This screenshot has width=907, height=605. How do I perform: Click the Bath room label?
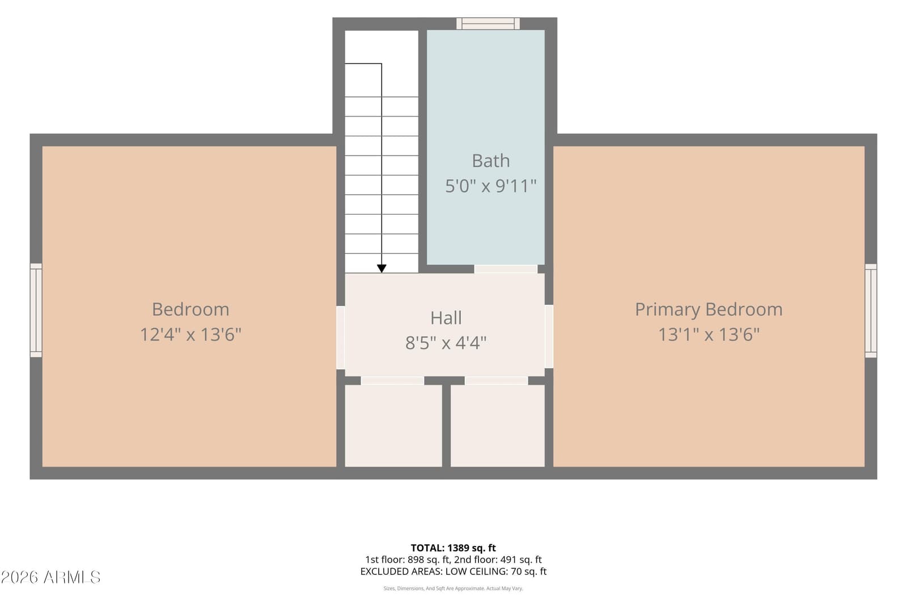490,161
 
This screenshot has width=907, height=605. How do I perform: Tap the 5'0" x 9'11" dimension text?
490,186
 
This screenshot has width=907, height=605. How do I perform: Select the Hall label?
446,318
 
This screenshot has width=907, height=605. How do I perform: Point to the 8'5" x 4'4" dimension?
446,343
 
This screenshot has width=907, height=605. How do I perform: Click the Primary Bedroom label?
709,310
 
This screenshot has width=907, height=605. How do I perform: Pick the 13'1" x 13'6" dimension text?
709,335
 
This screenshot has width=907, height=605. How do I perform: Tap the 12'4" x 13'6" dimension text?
190,335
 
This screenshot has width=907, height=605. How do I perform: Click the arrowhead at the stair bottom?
382,269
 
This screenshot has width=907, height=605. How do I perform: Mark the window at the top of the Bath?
488,23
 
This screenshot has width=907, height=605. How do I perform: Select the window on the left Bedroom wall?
36,310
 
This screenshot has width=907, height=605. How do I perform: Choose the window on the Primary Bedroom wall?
871,311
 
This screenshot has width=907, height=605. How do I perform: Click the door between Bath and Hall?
506,269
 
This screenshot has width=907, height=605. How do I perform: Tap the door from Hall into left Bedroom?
341,337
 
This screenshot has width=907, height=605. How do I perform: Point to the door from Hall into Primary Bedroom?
549,336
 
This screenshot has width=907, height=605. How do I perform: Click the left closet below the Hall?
393,426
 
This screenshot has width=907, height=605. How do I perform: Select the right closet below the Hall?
498,426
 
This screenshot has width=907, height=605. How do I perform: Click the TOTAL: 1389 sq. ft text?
453,548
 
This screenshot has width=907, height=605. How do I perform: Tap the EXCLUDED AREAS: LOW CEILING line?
453,572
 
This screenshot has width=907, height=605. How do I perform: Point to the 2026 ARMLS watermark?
50,577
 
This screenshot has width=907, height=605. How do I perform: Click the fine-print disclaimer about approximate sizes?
453,589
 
